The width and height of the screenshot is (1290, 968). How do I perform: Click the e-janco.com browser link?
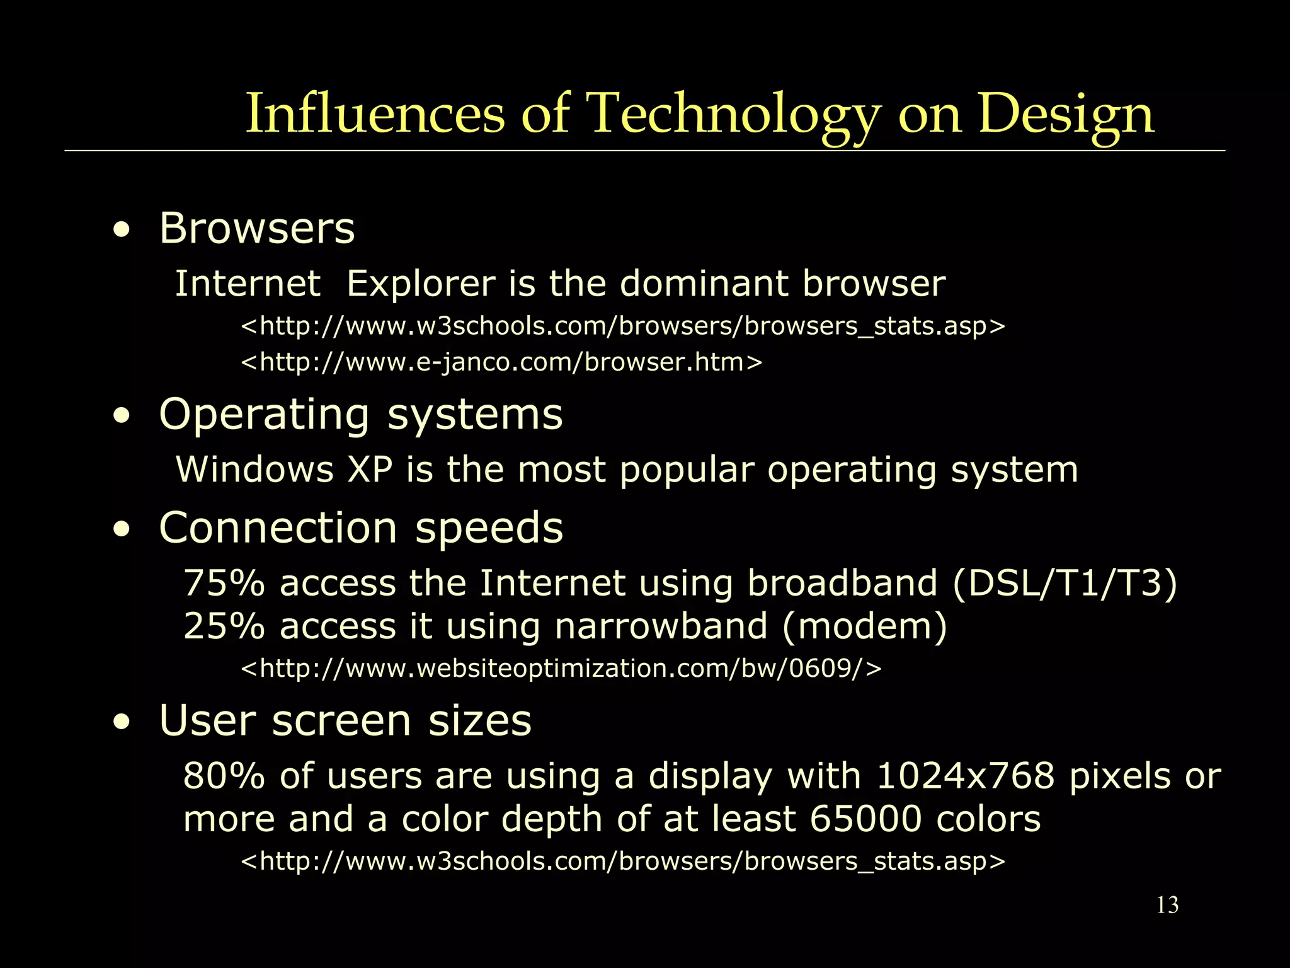click(x=501, y=362)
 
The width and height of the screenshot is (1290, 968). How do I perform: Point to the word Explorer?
click(x=421, y=284)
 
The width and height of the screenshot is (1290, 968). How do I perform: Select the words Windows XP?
click(x=284, y=470)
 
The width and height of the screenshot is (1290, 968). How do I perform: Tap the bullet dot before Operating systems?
click(x=122, y=417)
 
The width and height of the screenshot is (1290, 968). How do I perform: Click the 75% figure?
click(x=224, y=583)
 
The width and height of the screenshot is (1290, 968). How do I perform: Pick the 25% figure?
click(x=224, y=626)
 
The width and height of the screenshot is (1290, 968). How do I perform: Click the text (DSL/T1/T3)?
click(x=1064, y=583)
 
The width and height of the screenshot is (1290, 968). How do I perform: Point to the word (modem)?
click(x=864, y=626)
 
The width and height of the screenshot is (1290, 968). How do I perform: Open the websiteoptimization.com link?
click(x=561, y=669)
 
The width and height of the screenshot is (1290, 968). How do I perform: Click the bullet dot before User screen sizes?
click(x=122, y=723)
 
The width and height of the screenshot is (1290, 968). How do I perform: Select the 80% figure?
click(x=224, y=776)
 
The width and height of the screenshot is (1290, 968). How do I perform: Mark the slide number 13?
click(x=1167, y=906)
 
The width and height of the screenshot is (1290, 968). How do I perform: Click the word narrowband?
click(x=661, y=626)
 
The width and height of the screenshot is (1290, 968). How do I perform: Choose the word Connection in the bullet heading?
click(x=278, y=528)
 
